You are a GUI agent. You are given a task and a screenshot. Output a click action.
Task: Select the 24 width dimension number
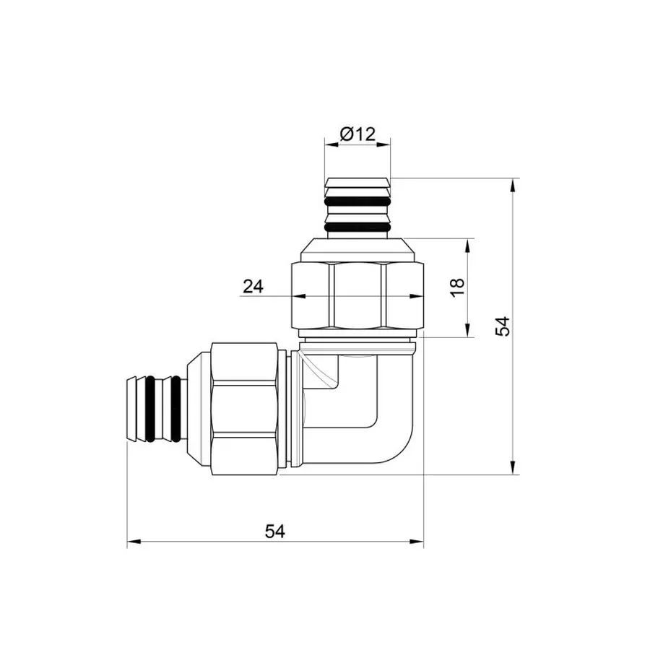click(x=253, y=287)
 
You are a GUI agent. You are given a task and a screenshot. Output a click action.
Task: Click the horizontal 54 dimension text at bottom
click(x=274, y=532)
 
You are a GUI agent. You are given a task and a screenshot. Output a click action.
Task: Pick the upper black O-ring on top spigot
click(x=359, y=201)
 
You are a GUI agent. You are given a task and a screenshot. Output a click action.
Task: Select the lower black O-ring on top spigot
click(x=359, y=227)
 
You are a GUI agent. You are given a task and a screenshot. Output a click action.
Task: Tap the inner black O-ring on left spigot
click(x=173, y=408)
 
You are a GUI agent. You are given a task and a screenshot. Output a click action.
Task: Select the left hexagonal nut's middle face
click(x=246, y=408)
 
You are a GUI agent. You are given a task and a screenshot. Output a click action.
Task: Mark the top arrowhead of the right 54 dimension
click(x=513, y=185)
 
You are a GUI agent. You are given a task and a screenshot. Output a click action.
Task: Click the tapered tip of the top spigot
click(x=359, y=183)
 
